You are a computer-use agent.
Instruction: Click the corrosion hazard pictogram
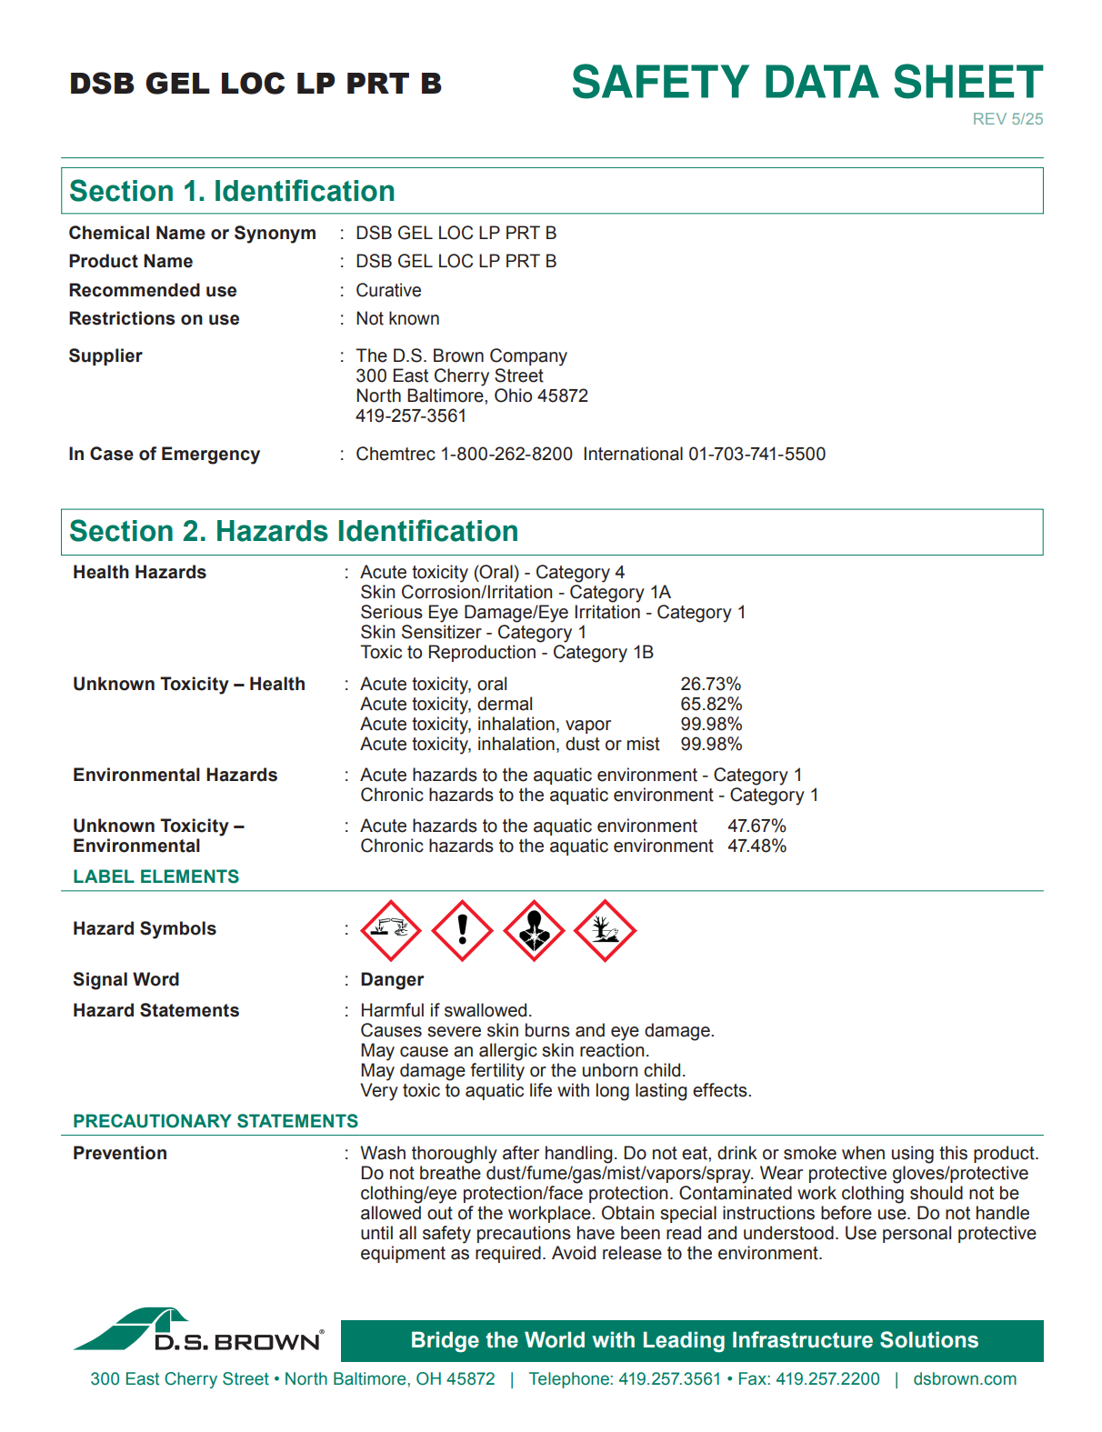(391, 930)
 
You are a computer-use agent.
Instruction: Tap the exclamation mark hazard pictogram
(462, 930)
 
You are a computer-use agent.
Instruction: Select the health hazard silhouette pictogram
(534, 930)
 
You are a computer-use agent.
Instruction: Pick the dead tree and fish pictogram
(605, 930)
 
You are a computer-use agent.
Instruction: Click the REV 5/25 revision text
(1007, 119)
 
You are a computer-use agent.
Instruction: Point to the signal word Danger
(392, 979)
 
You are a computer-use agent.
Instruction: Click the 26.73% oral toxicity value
(710, 684)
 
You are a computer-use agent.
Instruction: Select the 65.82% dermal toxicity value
(711, 704)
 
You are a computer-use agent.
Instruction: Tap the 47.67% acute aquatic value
(756, 826)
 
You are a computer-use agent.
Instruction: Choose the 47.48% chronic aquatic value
(756, 846)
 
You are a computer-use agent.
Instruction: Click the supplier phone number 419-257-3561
(411, 416)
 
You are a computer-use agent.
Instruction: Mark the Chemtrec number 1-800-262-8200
(506, 454)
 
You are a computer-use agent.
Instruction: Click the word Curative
(388, 290)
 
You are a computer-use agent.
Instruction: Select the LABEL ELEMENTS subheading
(156, 876)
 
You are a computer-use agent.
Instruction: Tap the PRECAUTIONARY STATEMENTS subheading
(215, 1121)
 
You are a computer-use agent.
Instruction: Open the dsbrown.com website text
(965, 1378)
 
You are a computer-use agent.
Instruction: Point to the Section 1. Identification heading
(232, 191)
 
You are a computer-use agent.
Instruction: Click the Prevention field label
(120, 1153)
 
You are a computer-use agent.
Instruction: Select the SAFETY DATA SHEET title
(806, 82)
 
